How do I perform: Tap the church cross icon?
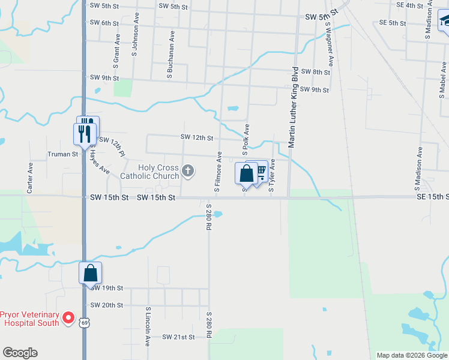click(x=188, y=172)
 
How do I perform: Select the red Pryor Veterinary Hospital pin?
click(x=68, y=318)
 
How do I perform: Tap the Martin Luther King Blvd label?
click(x=294, y=107)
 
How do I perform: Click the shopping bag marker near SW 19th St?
click(x=90, y=273)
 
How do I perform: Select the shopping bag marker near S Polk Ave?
click(x=246, y=174)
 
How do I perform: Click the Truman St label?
click(x=63, y=154)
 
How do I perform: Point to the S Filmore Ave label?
click(x=218, y=172)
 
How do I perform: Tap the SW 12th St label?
click(x=197, y=138)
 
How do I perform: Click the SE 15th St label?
click(x=432, y=197)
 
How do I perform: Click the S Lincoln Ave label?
click(x=147, y=327)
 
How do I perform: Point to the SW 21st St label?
click(x=178, y=337)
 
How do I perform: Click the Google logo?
click(x=20, y=352)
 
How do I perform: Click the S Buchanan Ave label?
click(x=171, y=55)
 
